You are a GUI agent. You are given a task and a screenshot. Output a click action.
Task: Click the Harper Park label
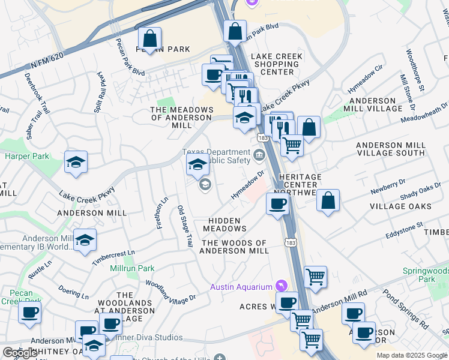tap(26, 157)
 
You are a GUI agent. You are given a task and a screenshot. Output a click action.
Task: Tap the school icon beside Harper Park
tap(76, 162)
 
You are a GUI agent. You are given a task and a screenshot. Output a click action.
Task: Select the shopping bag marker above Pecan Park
tap(149, 39)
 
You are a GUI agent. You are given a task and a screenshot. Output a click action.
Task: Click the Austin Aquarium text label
tap(241, 287)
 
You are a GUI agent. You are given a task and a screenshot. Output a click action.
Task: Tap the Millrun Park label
tap(132, 269)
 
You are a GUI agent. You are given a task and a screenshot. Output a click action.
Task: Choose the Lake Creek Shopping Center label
tap(277, 64)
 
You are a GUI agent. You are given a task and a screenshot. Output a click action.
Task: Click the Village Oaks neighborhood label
tap(400, 206)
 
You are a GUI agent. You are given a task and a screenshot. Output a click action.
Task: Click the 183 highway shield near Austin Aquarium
tap(291, 242)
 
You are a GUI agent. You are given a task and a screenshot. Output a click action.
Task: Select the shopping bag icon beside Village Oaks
tap(328, 202)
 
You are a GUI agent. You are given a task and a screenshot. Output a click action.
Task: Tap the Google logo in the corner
tap(19, 353)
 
